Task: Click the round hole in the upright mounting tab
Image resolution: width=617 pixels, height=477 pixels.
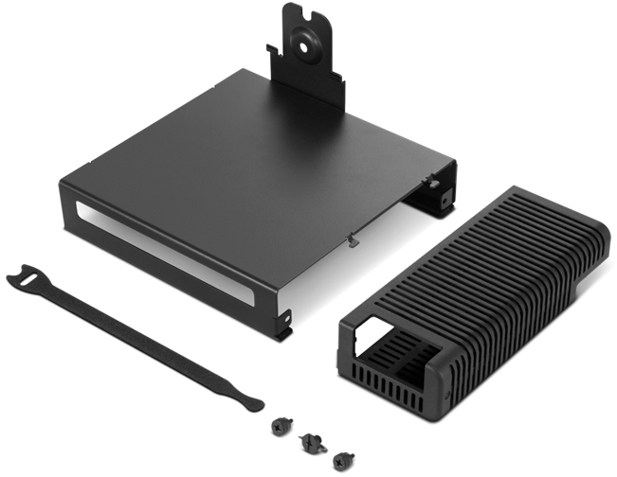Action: (x=308, y=42)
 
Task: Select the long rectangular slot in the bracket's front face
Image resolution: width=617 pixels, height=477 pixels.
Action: (x=161, y=249)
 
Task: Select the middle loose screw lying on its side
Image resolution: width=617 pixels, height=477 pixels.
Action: (x=310, y=440)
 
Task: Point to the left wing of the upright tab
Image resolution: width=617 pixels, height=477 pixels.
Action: (x=277, y=62)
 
